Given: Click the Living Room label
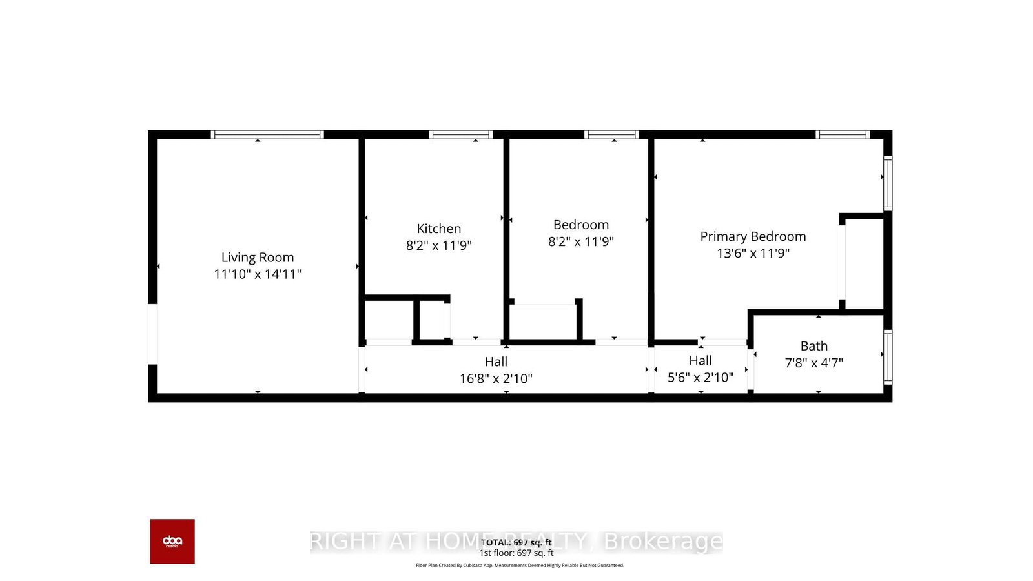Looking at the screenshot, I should coord(258,258).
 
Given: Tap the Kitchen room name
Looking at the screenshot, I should coord(439,229).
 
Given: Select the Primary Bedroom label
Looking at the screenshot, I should coord(753,236).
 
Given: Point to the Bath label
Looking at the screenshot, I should coord(813,346).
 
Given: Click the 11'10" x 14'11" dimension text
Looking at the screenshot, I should coord(258,274).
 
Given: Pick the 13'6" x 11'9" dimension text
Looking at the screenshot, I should coord(753,253).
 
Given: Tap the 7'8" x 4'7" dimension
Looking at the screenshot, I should coord(813,363).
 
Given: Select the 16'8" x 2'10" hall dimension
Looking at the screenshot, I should coord(496,378).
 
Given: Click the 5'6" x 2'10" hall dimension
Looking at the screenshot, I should coord(700,377).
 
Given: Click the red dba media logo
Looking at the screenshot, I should coord(172,541).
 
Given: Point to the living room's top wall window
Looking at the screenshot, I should coord(267,135).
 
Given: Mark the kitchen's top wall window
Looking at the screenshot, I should coord(460,135).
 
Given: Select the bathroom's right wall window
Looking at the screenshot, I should coord(888,356).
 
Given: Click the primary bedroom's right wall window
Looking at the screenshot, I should coord(888,184).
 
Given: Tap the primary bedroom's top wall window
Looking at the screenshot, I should coord(842,135).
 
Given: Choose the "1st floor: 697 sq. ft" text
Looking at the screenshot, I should coord(516,553).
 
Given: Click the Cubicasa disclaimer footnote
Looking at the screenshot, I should coord(520,566).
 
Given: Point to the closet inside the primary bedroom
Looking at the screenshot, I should coord(864,263).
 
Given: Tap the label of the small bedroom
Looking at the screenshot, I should coord(581,225).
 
